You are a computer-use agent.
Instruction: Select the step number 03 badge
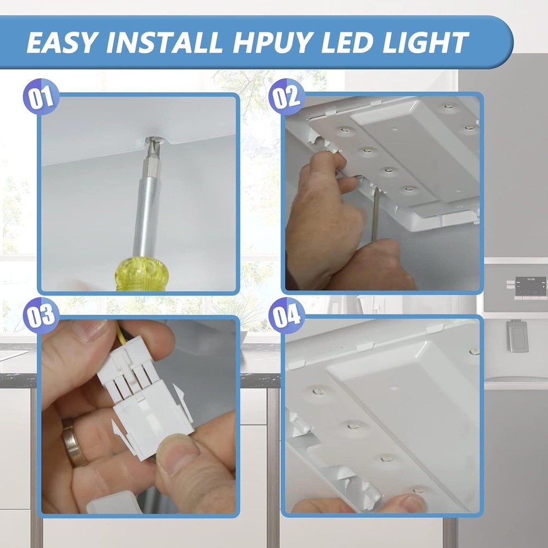coord(39,316)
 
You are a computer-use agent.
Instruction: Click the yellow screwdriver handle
coord(141,274)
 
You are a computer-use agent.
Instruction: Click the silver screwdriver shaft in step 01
coord(146,208)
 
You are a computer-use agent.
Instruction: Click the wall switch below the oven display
coord(517,335)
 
